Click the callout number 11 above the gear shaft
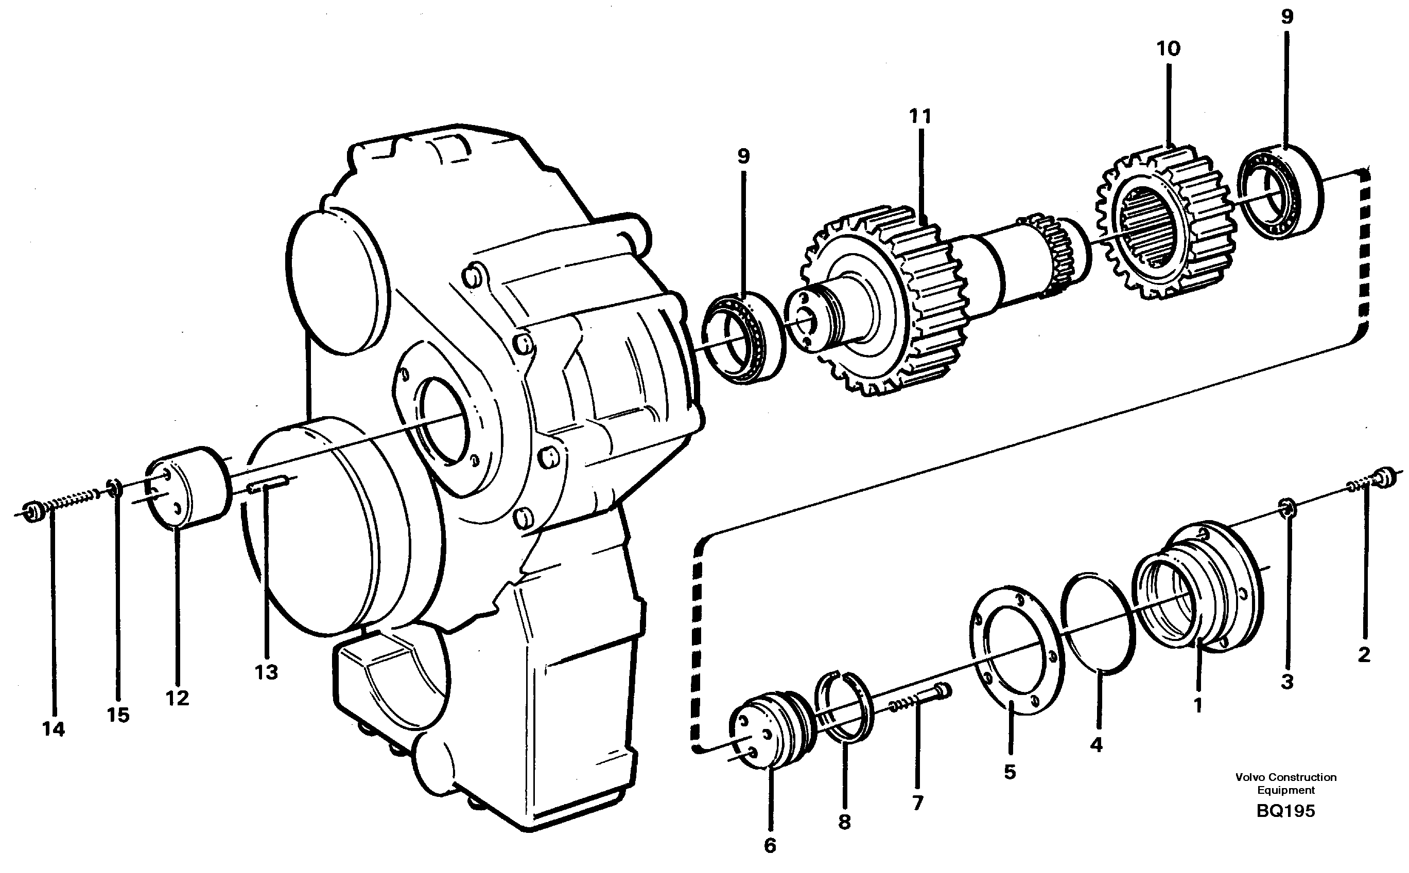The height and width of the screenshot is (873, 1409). point(920,117)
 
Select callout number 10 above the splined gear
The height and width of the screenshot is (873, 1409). point(1168,49)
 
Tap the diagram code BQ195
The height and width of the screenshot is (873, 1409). point(1285,811)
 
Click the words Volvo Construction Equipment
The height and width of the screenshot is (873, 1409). point(1285,783)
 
